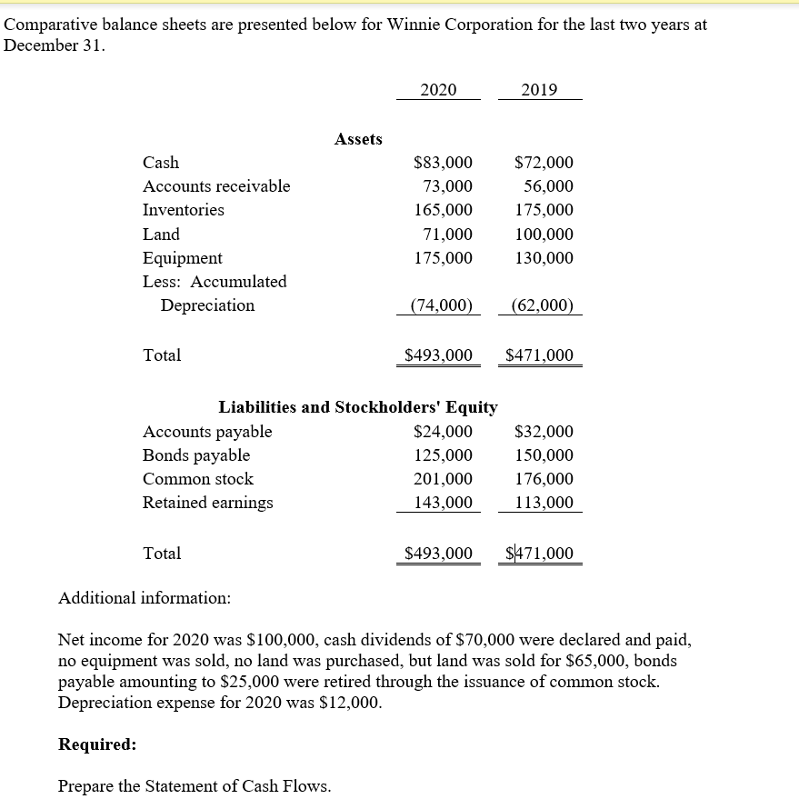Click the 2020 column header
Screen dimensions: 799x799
click(x=438, y=89)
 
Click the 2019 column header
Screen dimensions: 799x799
click(x=540, y=89)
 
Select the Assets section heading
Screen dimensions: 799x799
click(x=358, y=139)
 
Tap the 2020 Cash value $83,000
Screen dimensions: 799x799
click(x=443, y=163)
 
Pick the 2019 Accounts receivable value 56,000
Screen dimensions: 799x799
click(x=548, y=186)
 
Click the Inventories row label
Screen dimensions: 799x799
click(x=184, y=210)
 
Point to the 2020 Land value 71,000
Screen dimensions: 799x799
click(x=448, y=234)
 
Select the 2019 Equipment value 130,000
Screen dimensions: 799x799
click(x=544, y=257)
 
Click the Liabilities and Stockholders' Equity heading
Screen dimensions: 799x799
click(x=358, y=407)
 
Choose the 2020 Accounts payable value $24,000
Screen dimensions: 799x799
click(x=443, y=432)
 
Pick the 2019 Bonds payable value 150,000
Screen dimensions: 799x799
click(x=544, y=455)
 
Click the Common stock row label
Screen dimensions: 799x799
click(x=198, y=479)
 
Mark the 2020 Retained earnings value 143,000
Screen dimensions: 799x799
click(x=443, y=503)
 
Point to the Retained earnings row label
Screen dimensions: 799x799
click(x=207, y=503)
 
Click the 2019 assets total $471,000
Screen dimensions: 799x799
click(x=540, y=355)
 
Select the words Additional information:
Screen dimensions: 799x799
click(x=145, y=598)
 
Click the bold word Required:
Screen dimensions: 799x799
click(x=97, y=744)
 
